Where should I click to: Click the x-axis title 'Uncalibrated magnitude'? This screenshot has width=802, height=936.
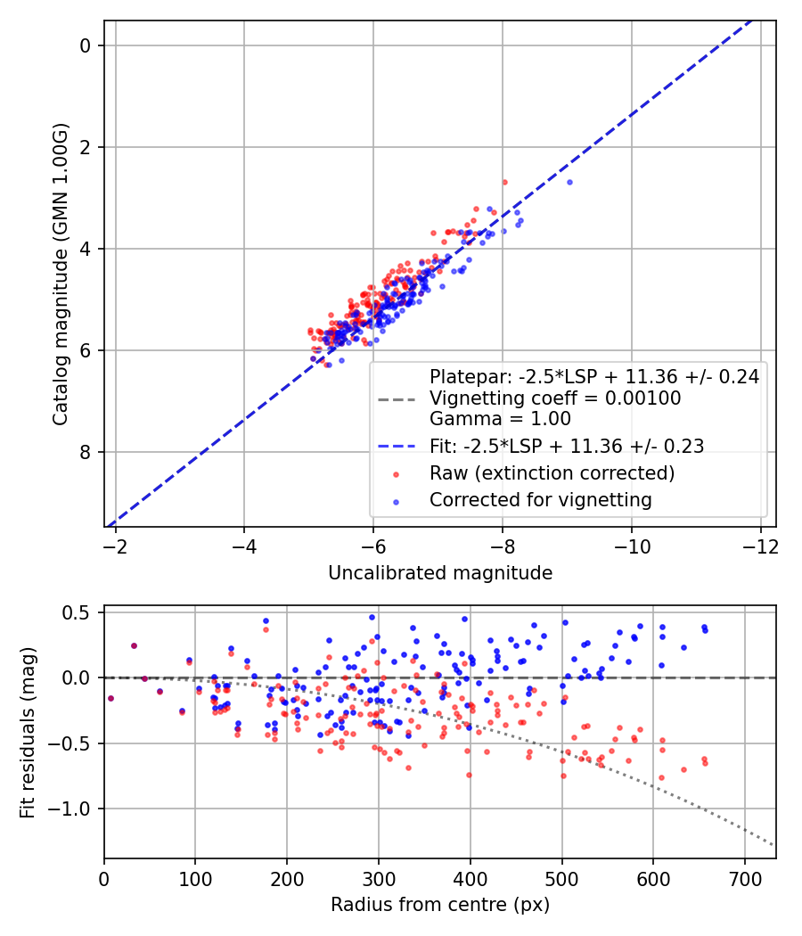pos(440,573)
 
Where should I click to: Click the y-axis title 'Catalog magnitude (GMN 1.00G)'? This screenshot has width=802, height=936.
pos(60,274)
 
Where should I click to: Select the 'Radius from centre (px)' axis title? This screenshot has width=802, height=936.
pos(440,905)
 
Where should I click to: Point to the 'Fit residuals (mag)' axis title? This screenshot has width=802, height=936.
pos(28,733)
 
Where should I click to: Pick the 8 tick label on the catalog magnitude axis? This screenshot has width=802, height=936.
pos(86,452)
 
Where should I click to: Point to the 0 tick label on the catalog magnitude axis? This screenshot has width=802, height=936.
pos(86,45)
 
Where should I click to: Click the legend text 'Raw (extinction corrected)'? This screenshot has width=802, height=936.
pos(552,472)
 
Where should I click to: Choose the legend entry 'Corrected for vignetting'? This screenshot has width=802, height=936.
pos(540,500)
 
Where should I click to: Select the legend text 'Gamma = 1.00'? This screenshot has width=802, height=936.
pos(500,419)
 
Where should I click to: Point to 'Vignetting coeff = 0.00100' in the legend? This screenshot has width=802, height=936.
pos(555,398)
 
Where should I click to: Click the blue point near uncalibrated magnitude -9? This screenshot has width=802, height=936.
pos(569,182)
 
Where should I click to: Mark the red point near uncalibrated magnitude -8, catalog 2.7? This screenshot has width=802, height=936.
pos(504,182)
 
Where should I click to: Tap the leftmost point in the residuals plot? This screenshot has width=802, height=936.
pos(110,698)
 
